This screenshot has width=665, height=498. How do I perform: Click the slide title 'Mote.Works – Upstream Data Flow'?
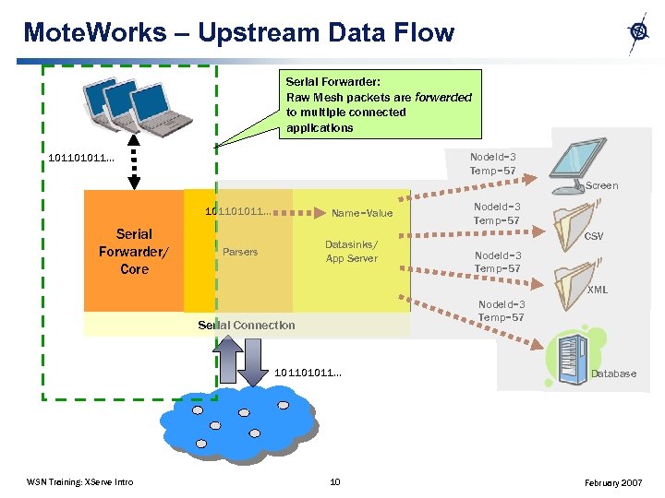238,33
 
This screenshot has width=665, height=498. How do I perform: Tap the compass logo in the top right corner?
638,32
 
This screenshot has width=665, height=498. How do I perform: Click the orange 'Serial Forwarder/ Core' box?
134,251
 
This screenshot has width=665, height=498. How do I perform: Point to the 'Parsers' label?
240,252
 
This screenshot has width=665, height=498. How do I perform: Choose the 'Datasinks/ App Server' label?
350,252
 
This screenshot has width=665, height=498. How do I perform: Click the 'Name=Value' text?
362,213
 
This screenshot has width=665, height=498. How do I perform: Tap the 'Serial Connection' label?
247,325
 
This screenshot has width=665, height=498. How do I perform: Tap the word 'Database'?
613,373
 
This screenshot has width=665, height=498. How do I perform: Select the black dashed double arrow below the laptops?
134,168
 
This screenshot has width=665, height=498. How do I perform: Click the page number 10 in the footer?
335,481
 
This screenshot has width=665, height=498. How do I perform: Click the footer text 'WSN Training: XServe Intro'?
80,482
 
